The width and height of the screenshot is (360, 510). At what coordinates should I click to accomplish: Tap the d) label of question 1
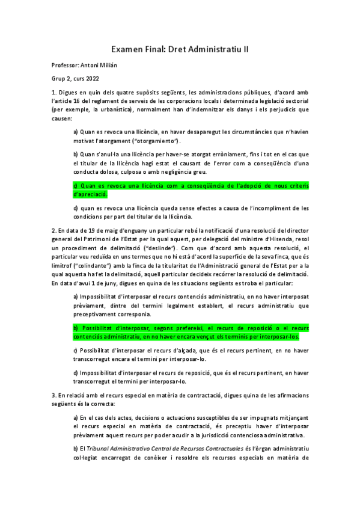[x=76, y=208]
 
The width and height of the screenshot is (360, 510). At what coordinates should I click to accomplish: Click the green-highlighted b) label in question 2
[x=76, y=328]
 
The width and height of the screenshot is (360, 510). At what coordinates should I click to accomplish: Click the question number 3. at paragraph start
[x=54, y=395]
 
